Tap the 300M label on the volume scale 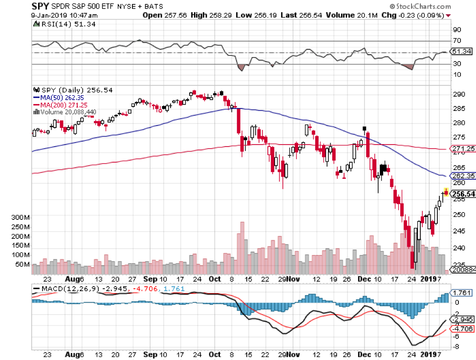[x=20, y=216]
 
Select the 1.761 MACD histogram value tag [x=460, y=293]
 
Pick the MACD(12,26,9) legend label [x=67, y=288]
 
